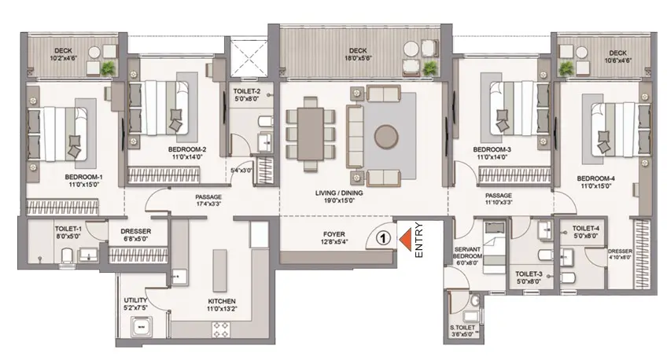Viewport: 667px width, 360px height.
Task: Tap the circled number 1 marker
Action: [383, 238]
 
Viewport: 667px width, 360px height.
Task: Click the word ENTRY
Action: [419, 240]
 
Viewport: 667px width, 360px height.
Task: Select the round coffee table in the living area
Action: [386, 137]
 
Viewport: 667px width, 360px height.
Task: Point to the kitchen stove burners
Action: [221, 329]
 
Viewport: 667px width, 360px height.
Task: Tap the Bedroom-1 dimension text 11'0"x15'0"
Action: [84, 185]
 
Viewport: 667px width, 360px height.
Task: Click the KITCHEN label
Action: [222, 301]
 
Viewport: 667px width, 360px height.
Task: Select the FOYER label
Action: [334, 234]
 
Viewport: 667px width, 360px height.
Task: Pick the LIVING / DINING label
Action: [339, 193]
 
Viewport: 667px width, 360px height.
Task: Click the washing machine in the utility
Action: [141, 327]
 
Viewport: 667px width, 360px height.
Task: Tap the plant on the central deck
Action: [430, 68]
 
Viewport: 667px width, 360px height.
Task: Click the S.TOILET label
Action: [462, 328]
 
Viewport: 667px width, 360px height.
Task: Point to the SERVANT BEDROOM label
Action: [467, 253]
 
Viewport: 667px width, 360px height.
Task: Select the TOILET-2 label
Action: [246, 91]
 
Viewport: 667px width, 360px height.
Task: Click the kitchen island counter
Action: [219, 270]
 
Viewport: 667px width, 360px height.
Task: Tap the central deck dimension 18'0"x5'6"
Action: [358, 58]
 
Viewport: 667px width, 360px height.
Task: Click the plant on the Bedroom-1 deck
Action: [109, 67]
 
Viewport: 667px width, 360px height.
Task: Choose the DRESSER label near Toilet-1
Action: [136, 231]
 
